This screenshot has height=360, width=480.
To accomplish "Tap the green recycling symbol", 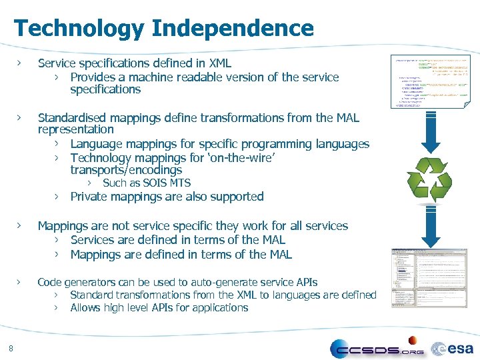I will [x=429, y=177].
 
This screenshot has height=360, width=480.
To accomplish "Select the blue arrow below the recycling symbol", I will [x=430, y=223].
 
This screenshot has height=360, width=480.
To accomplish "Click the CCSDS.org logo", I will [x=377, y=349].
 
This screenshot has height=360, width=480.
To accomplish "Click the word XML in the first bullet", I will [x=219, y=63].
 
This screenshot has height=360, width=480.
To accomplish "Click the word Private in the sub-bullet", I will [x=91, y=197].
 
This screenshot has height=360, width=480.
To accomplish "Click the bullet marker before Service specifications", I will [x=20, y=63].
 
